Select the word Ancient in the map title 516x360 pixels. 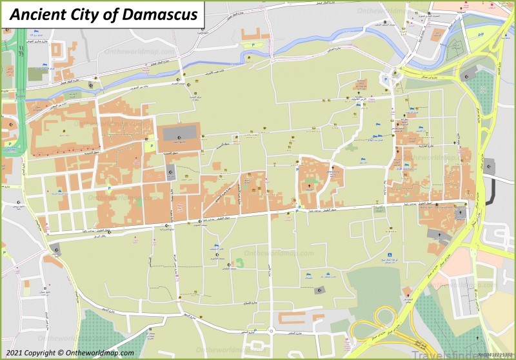point(36,14)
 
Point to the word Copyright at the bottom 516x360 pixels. point(42,353)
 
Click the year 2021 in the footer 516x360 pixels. point(14,353)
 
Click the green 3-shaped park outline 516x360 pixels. point(239,263)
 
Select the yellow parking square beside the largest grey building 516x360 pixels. point(152,146)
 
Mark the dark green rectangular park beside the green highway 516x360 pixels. point(37,74)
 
